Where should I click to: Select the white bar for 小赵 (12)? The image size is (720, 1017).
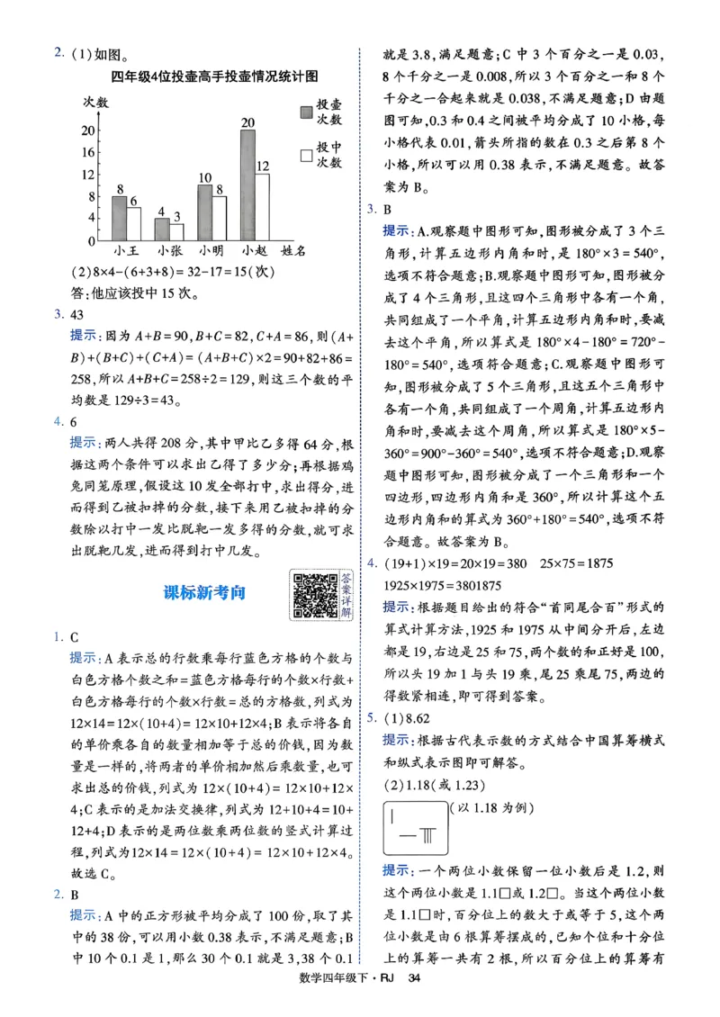coord(262,207)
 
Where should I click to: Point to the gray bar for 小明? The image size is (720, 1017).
coord(204,212)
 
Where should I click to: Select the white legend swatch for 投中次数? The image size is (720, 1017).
coord(307,156)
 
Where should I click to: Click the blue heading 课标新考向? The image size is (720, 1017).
coord(204,593)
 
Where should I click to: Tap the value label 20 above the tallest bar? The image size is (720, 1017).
coord(247,122)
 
